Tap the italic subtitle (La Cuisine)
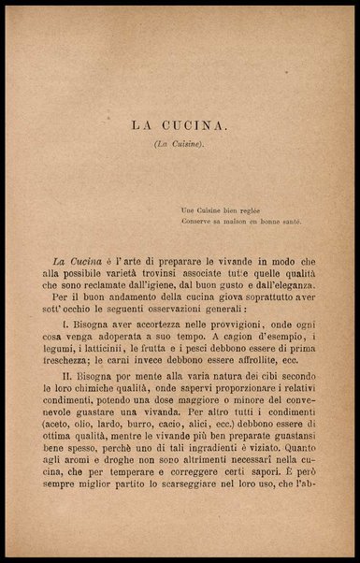click(x=179, y=145)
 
